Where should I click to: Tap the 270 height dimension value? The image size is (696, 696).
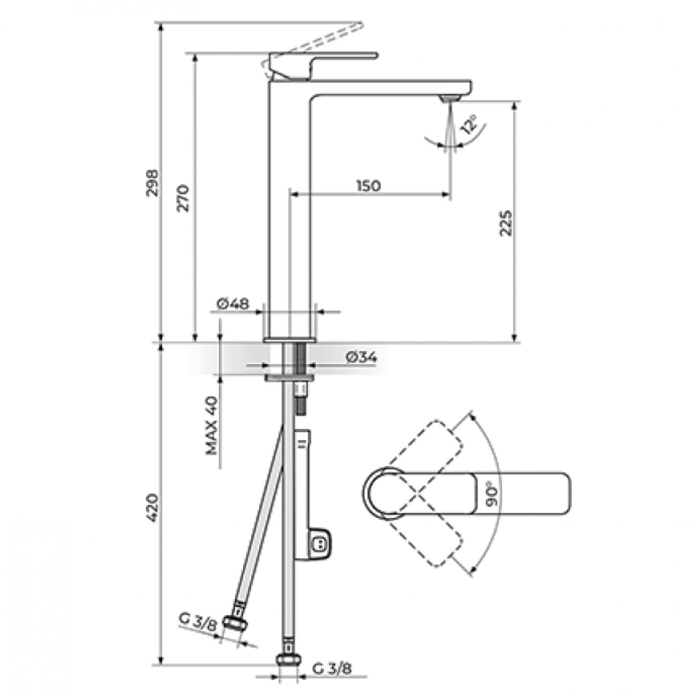(183, 198)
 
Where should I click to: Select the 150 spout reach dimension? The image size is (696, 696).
(368, 185)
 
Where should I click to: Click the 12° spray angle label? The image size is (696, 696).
(468, 126)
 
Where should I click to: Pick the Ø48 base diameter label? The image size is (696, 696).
(233, 304)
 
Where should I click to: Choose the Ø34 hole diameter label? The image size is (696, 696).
(361, 358)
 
